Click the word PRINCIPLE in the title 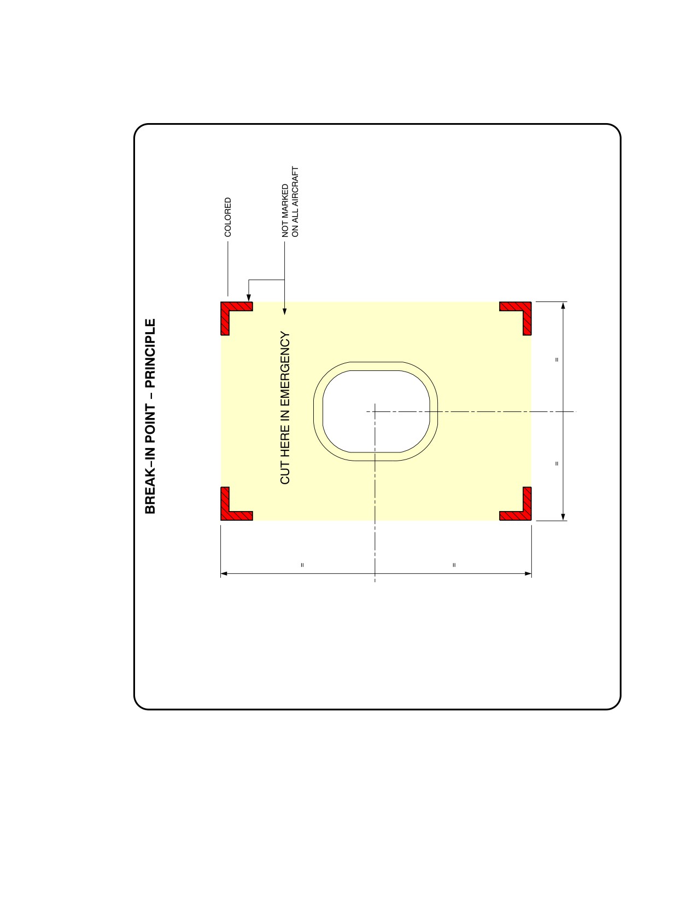click(x=150, y=352)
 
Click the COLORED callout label click(x=227, y=217)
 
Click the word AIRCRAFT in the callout click(x=295, y=183)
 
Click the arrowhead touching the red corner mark click(x=249, y=298)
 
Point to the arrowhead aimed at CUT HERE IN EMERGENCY click(x=285, y=311)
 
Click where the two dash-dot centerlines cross click(x=375, y=411)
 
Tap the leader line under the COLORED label click(x=227, y=269)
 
